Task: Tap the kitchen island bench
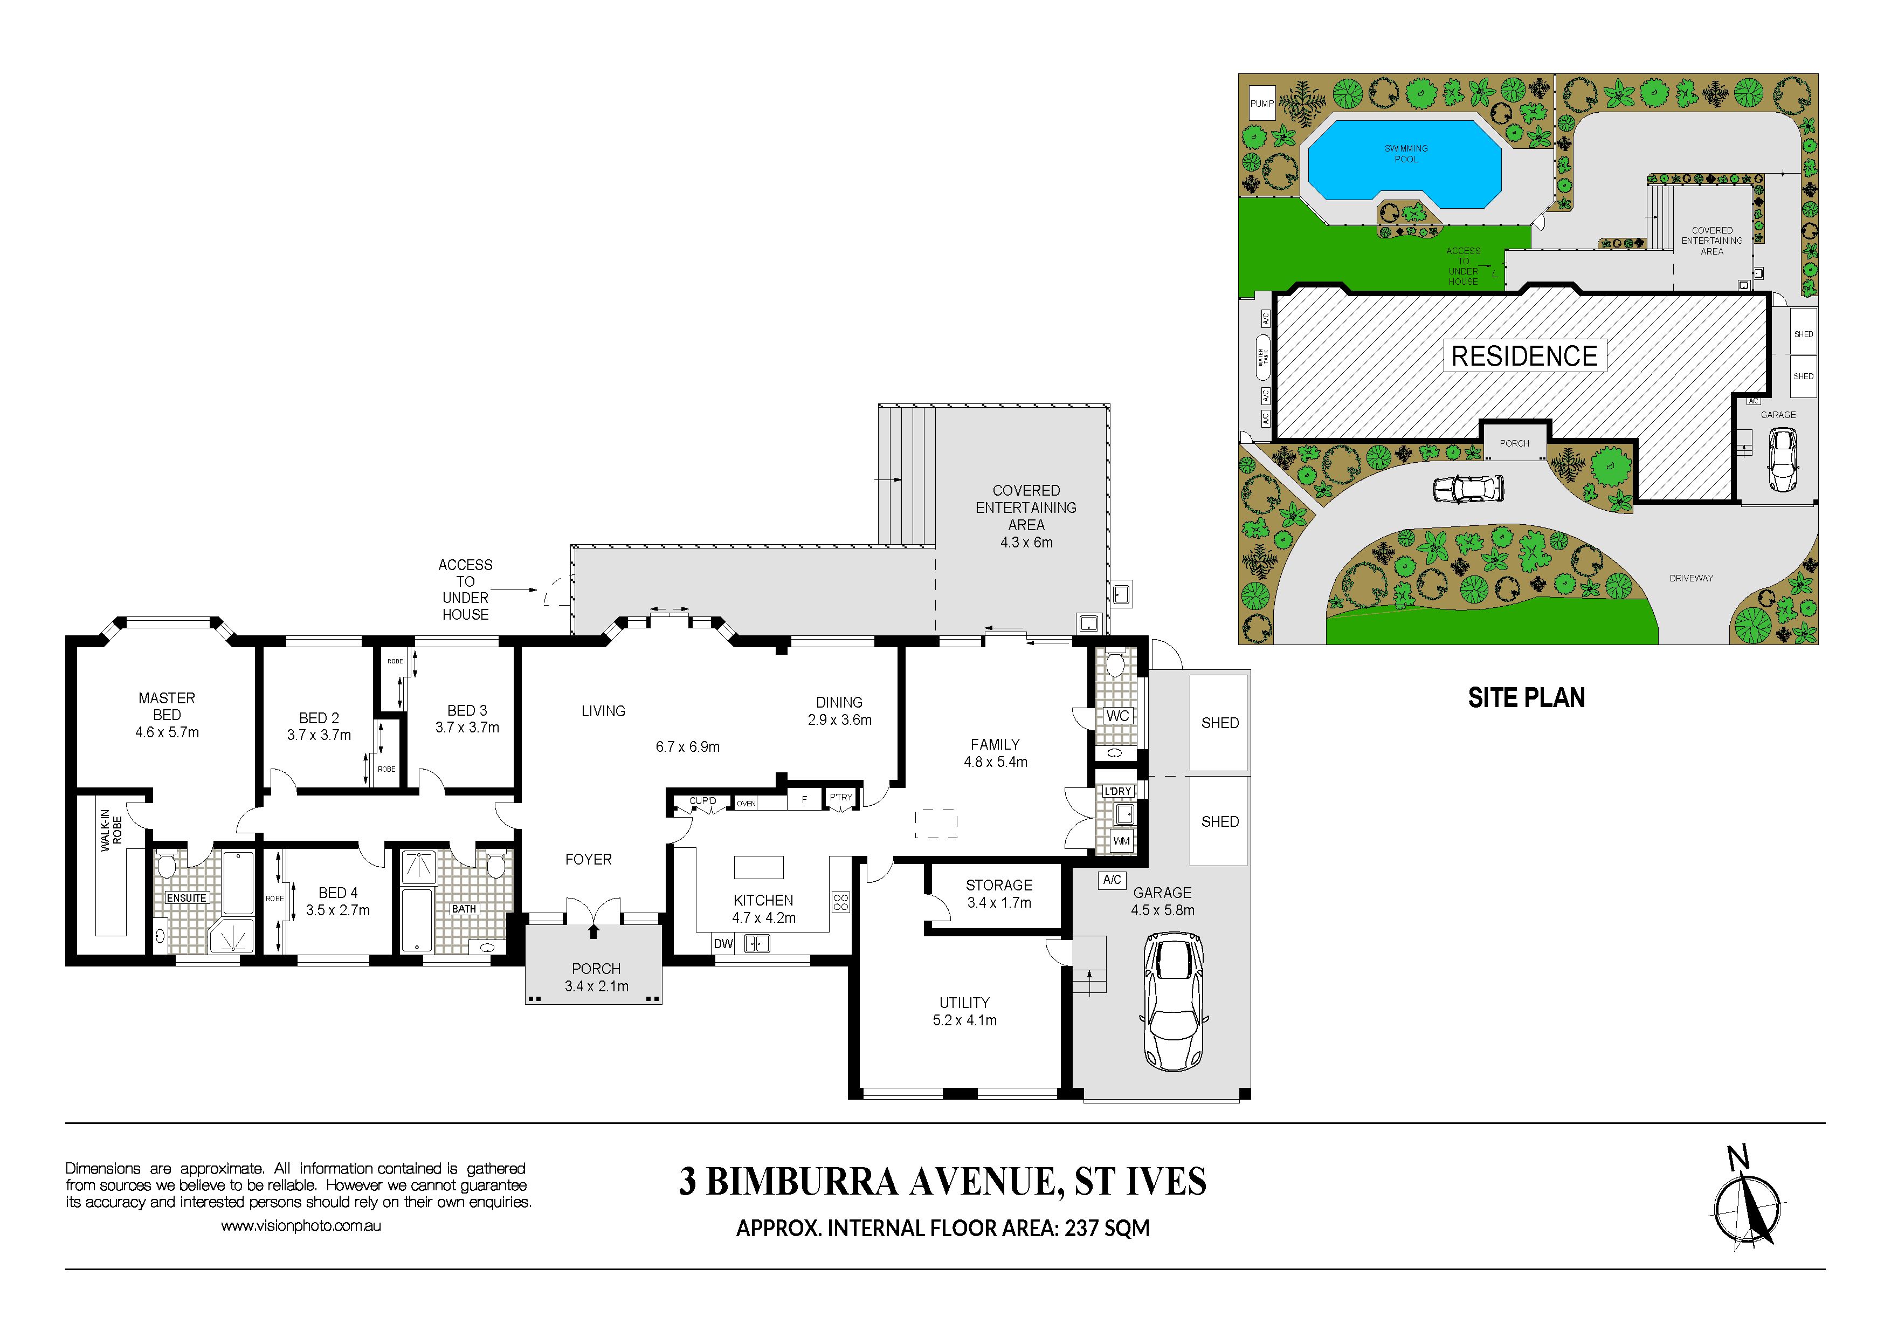tap(758, 867)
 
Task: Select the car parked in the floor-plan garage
tap(1175, 1001)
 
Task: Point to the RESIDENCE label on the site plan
tap(1524, 356)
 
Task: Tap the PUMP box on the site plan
tap(1262, 104)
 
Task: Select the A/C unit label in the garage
tap(1112, 880)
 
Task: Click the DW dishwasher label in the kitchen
tap(723, 944)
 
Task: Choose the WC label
tap(1117, 716)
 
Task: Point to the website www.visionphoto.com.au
tap(301, 1226)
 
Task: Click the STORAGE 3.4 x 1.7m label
tap(999, 894)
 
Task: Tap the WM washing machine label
tap(1121, 841)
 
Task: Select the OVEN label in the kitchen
tap(746, 803)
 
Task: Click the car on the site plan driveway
tap(1468, 489)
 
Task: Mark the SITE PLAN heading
tap(1526, 698)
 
